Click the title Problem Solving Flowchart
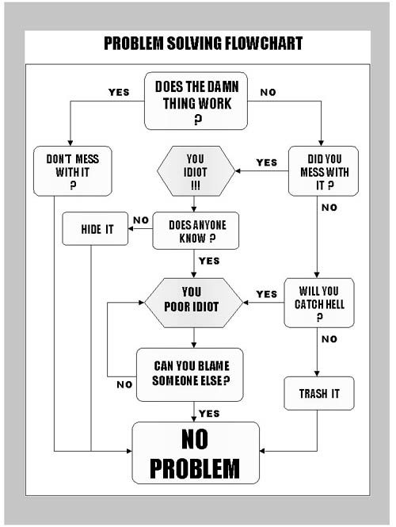click(x=204, y=44)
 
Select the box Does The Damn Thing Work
click(x=196, y=101)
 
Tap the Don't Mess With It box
click(x=73, y=171)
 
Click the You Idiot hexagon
click(x=196, y=171)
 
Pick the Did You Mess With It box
click(x=323, y=171)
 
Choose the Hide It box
click(x=95, y=228)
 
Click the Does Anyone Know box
click(x=196, y=231)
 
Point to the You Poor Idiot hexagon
click(x=193, y=303)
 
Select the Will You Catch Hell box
click(x=319, y=303)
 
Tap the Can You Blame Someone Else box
click(x=190, y=375)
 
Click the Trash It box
click(x=319, y=393)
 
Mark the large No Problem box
click(x=196, y=453)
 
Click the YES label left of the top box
click(x=119, y=92)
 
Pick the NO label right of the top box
click(x=268, y=92)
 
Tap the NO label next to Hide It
click(x=141, y=220)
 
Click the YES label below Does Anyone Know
click(x=209, y=261)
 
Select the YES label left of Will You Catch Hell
click(x=267, y=294)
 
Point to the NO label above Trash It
click(x=329, y=339)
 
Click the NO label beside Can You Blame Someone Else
click(x=124, y=384)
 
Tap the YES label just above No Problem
click(x=209, y=414)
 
